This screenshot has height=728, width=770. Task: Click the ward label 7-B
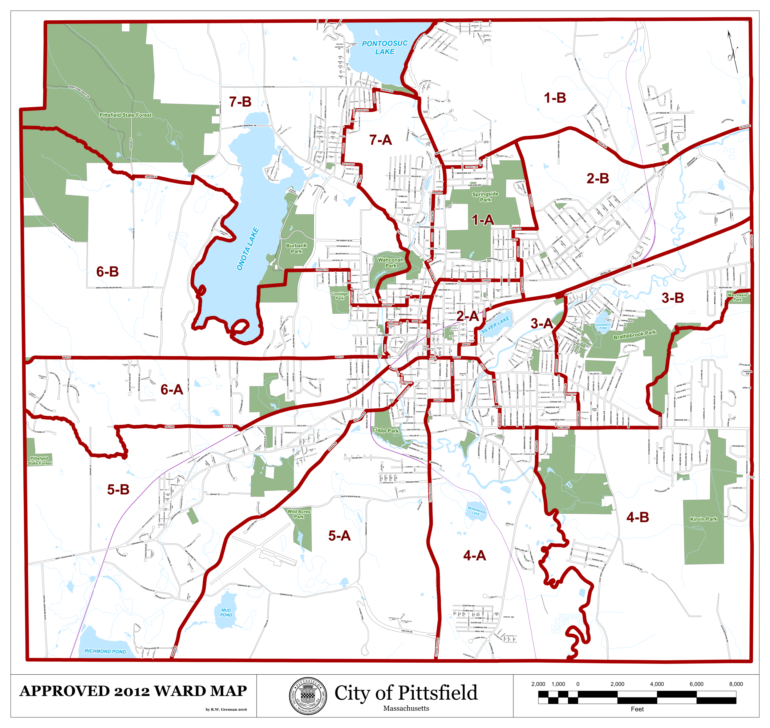pyautogui.click(x=240, y=102)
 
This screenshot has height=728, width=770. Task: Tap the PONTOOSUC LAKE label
pyautogui.click(x=385, y=47)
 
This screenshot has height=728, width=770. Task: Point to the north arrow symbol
pyautogui.click(x=732, y=52)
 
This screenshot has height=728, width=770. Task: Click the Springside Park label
pyautogui.click(x=485, y=197)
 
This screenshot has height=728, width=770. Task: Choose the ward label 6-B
pyautogui.click(x=107, y=272)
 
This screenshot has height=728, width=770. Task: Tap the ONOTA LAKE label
pyautogui.click(x=248, y=249)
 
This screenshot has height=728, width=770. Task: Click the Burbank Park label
pyautogui.click(x=296, y=248)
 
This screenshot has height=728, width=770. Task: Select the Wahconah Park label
pyautogui.click(x=391, y=263)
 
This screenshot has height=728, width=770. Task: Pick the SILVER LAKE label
pyautogui.click(x=495, y=325)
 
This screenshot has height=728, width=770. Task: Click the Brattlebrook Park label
pyautogui.click(x=635, y=335)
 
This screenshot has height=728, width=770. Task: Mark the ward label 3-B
pyautogui.click(x=673, y=298)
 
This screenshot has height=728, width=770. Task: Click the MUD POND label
pyautogui.click(x=226, y=612)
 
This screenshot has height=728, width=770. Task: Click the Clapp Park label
pyautogui.click(x=385, y=430)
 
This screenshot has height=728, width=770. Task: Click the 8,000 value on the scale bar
pyautogui.click(x=736, y=684)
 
